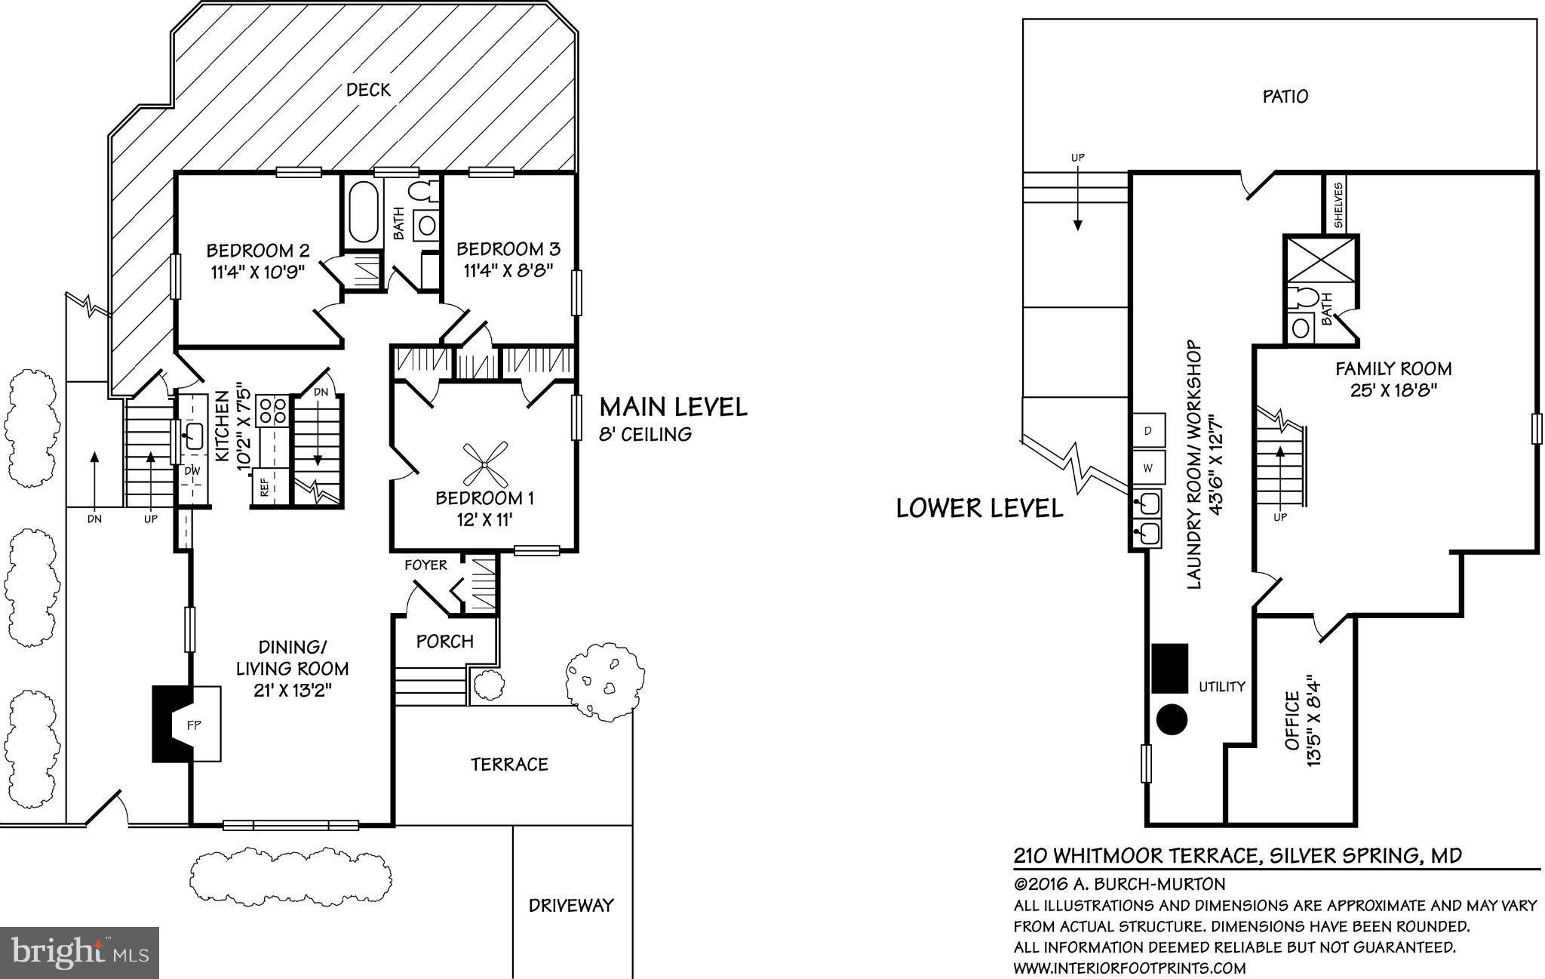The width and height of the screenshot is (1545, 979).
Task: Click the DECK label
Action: [368, 90]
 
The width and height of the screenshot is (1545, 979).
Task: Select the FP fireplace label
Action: [194, 725]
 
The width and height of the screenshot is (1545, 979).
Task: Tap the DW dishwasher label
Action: [192, 470]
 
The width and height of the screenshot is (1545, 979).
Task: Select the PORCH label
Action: [445, 642]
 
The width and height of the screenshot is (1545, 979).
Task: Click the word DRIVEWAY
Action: [571, 905]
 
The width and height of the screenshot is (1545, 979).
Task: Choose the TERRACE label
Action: [509, 765]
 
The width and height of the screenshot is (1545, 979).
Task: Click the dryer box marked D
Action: [1148, 430]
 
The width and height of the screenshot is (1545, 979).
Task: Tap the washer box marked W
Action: [1148, 468]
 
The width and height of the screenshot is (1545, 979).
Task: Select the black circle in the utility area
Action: [1172, 719]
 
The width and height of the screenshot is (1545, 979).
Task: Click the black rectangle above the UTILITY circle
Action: [1169, 668]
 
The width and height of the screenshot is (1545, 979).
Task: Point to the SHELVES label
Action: [1337, 205]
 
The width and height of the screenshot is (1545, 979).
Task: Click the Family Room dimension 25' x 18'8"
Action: [1394, 390]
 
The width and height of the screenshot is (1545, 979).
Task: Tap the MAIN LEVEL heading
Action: [673, 408]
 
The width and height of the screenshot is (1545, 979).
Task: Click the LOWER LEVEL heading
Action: [979, 509]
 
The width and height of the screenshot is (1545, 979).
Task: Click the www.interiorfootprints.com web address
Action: [1129, 968]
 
